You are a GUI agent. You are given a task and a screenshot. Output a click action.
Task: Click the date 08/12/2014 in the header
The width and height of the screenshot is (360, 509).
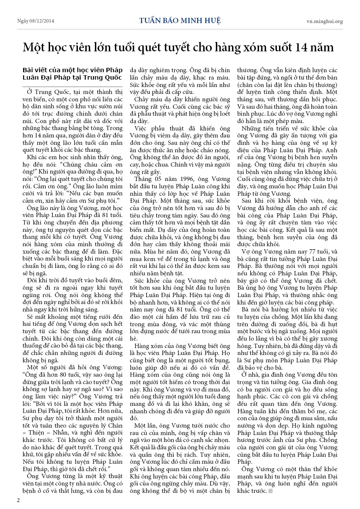[x=46, y=21]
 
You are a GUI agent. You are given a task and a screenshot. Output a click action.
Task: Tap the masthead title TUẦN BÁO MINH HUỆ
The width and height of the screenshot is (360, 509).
[x=180, y=20]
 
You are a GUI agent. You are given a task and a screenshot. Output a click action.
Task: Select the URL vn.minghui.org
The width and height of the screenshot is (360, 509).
[x=324, y=21]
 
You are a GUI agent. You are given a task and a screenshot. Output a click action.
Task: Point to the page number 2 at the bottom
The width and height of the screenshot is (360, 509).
[x=18, y=500]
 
